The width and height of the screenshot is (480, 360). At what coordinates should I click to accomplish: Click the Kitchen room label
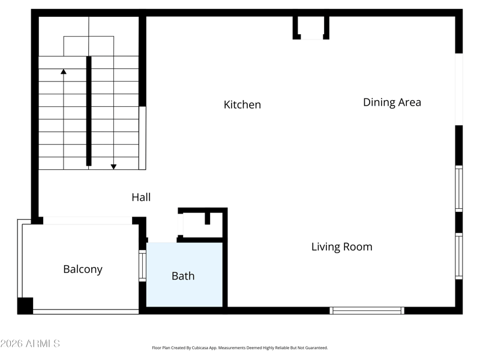pos(242,104)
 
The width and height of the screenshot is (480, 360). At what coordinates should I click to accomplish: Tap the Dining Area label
pos(392,102)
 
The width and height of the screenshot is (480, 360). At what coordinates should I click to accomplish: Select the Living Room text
pos(341,247)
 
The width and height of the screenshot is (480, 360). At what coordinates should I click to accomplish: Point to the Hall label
pos(141,197)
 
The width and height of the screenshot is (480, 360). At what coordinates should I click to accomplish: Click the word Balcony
pos(83,269)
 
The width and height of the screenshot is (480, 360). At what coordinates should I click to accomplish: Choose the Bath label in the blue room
pos(183,276)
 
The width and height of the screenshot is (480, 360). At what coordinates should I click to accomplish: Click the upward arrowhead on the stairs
pos(64,71)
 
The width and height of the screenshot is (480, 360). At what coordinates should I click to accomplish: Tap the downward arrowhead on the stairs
pos(113,167)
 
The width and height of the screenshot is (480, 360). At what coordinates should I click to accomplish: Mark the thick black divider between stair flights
pos(89,111)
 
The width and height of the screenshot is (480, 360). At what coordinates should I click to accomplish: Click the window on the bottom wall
pos(367,310)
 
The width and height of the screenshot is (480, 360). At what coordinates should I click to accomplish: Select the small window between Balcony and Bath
pos(142,266)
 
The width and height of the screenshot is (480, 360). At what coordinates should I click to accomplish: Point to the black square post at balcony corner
pos(25,305)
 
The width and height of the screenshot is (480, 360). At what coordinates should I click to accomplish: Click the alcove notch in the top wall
pos(311,28)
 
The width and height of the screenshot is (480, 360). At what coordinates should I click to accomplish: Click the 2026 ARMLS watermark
pos(30,343)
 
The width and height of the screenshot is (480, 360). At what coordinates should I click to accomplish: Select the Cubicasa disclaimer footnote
pos(239,348)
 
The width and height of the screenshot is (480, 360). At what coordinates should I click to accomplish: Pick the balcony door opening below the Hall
pos(88,220)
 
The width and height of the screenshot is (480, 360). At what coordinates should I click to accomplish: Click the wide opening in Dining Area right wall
pos(458,89)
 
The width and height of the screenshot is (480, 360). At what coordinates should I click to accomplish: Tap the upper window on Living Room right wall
pos(458,188)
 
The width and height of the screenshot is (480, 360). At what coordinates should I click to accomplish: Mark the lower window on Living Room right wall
pos(458,256)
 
